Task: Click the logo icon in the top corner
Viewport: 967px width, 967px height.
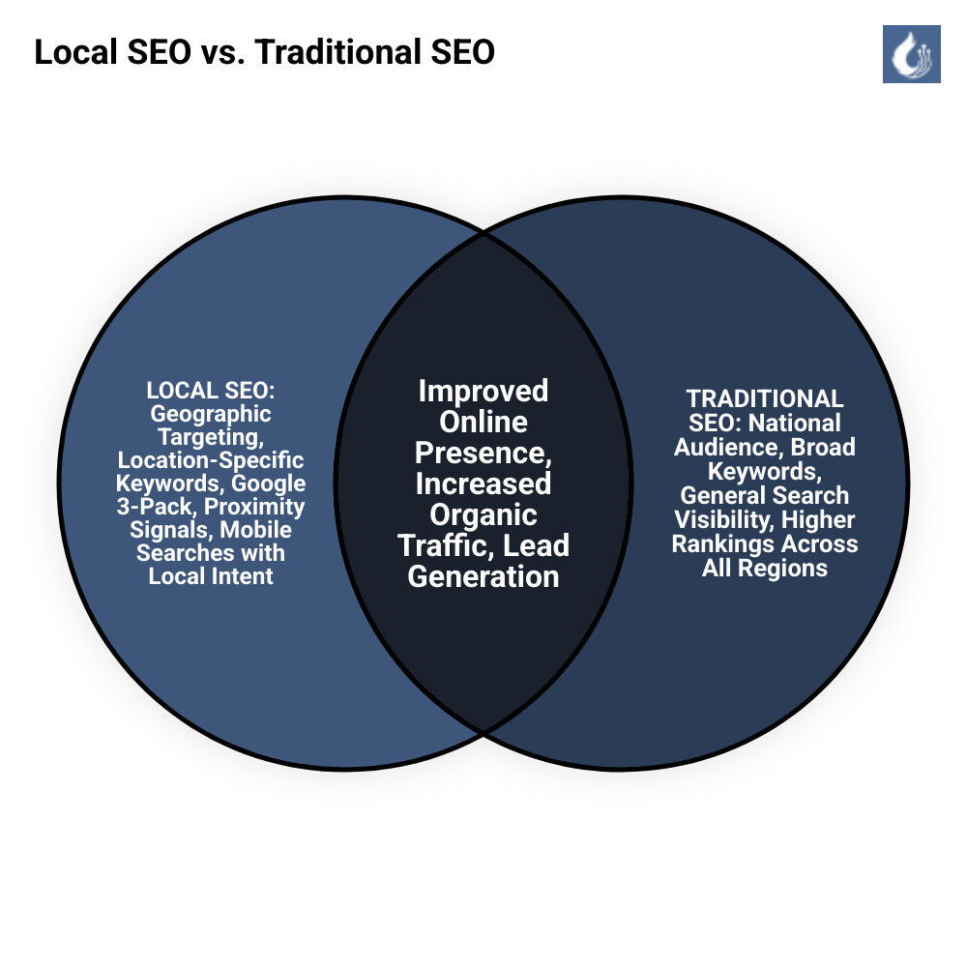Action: pos(911,53)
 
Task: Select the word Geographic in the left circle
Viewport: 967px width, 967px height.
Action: pos(211,414)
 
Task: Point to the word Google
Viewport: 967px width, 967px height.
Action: pos(270,483)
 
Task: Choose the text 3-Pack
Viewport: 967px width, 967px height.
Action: pos(156,507)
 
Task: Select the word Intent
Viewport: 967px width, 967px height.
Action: pos(242,576)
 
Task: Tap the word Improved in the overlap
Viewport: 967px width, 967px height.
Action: pos(483,391)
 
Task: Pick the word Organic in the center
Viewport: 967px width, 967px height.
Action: pos(483,514)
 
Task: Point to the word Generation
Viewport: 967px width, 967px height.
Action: pos(483,576)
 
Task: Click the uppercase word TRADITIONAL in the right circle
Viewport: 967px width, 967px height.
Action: pos(765,398)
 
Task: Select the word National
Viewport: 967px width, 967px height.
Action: pos(795,423)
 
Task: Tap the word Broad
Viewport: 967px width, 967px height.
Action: pos(823,447)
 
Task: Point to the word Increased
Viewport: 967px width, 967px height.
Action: pos(483,483)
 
